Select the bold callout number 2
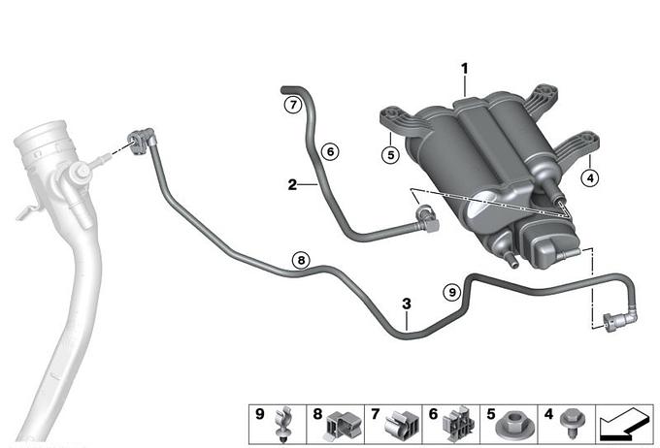[291, 182]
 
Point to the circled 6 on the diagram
[329, 151]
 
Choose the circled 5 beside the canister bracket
[389, 153]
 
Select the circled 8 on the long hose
[302, 260]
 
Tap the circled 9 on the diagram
[450, 290]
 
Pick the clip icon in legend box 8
[342, 423]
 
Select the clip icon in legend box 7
[400, 423]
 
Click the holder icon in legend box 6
[458, 423]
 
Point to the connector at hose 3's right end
[616, 319]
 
